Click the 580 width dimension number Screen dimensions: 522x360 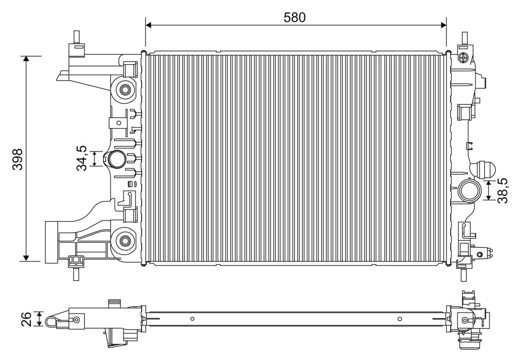tap(294, 18)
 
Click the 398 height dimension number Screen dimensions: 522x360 tap(18, 160)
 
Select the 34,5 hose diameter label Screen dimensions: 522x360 tap(82, 158)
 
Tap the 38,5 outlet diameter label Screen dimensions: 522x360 tap(502, 191)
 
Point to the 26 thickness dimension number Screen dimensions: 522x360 tap(26, 319)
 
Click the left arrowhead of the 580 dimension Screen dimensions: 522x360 tap(148, 25)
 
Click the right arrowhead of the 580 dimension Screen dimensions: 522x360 tap(444, 25)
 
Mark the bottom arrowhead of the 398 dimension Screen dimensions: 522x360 tap(26, 258)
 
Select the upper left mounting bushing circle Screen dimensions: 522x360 tap(125, 90)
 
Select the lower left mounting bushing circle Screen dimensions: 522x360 tap(125, 241)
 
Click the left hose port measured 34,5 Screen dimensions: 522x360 tap(116, 159)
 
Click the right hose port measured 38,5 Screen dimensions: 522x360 tap(469, 191)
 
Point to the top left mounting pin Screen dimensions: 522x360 tap(77, 37)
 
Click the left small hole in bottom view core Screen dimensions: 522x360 tap(192, 319)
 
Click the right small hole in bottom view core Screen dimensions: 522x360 tap(400, 319)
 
